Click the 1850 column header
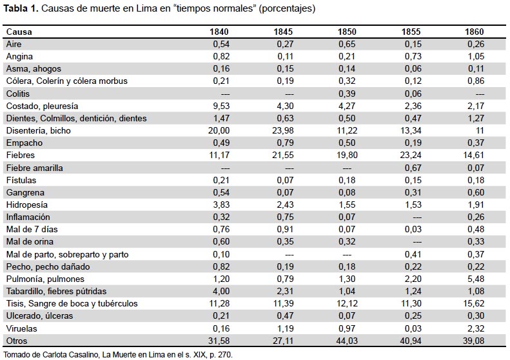click(x=347, y=32)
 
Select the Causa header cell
click(x=19, y=32)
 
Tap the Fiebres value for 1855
click(x=411, y=155)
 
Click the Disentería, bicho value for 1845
click(x=282, y=130)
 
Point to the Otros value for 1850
click(x=347, y=341)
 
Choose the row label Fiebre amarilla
click(x=34, y=168)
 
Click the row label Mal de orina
click(x=30, y=241)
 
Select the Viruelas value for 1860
click(x=476, y=328)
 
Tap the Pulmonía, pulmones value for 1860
click(x=476, y=279)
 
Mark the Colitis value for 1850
click(x=347, y=94)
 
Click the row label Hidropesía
click(x=27, y=205)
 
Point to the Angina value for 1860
click(x=476, y=56)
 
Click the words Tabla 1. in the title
click(x=21, y=8)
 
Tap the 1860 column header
click(x=475, y=32)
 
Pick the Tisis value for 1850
click(x=347, y=303)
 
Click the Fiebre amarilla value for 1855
click(x=413, y=168)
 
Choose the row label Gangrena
click(x=25, y=192)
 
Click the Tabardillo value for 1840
click(x=221, y=291)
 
